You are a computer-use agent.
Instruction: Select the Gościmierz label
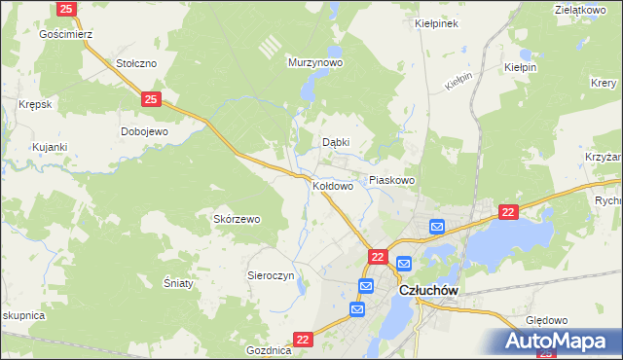[65, 33]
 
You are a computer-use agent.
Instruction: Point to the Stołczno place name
[136, 62]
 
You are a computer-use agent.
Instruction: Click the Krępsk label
[34, 103]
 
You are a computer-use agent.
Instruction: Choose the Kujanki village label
[49, 147]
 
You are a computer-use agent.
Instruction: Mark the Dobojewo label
[144, 131]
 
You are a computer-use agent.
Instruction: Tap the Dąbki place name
[336, 142]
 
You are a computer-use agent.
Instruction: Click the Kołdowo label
[333, 185]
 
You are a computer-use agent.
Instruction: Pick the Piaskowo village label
[392, 180]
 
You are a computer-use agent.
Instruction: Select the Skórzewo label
[237, 219]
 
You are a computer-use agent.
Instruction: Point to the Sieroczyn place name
[271, 275]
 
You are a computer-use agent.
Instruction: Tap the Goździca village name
[269, 349]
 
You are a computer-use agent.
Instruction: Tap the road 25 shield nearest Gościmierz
[66, 9]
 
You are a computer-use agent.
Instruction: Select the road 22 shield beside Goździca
[303, 339]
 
